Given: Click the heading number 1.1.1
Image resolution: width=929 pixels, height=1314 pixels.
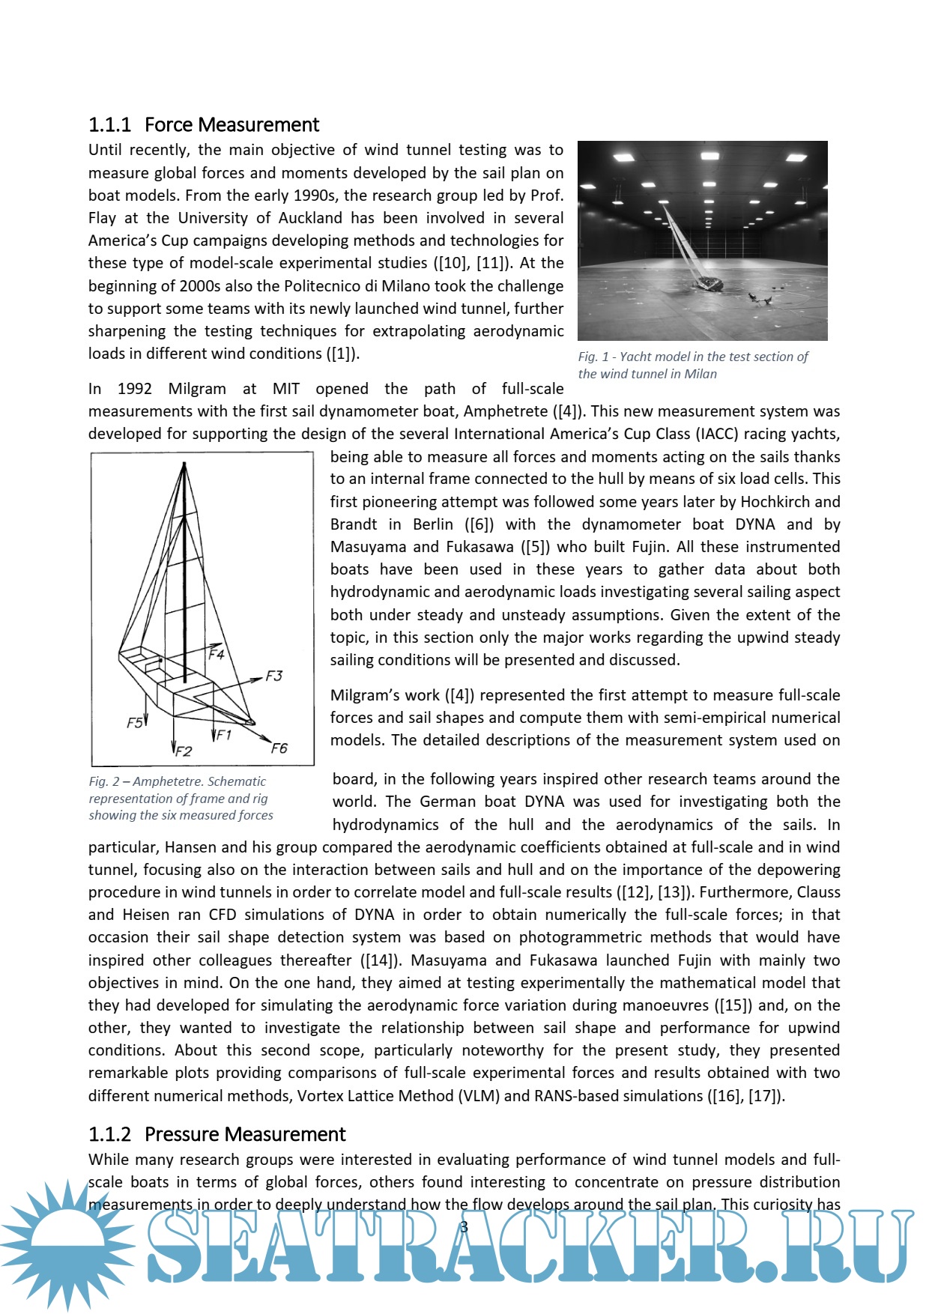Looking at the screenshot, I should click(109, 124).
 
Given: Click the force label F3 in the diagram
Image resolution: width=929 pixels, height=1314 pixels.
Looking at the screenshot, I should click(274, 676).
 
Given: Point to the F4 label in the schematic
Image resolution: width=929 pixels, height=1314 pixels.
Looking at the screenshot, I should click(217, 654).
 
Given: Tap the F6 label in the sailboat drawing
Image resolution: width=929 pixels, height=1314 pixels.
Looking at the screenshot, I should click(279, 748).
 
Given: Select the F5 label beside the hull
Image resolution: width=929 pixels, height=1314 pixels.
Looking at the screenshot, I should click(135, 723).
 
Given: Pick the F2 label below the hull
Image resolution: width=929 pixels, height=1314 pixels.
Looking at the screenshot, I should click(184, 751).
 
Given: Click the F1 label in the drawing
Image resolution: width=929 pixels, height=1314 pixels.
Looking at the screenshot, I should click(223, 735).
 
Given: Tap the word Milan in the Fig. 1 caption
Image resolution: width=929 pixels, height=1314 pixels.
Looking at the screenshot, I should click(700, 374).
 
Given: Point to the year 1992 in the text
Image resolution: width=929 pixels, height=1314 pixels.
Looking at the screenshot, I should click(135, 389).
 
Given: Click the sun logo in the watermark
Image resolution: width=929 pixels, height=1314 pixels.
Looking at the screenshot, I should click(67, 1244).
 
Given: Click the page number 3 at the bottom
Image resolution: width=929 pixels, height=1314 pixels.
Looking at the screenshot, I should click(464, 1227).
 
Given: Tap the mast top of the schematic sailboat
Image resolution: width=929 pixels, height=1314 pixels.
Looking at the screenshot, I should click(184, 464).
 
